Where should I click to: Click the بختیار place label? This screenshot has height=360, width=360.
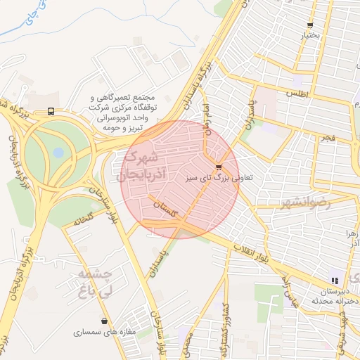click(311, 34)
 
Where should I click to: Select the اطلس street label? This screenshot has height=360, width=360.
click(297, 94)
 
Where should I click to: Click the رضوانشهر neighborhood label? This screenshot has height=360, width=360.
click(304, 203)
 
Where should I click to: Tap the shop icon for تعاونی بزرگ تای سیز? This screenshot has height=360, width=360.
click(219, 167)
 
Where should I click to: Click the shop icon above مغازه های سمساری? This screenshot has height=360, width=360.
click(105, 321)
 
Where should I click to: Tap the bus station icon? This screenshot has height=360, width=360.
click(51, 111)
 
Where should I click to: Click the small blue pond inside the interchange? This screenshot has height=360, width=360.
click(58, 151)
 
